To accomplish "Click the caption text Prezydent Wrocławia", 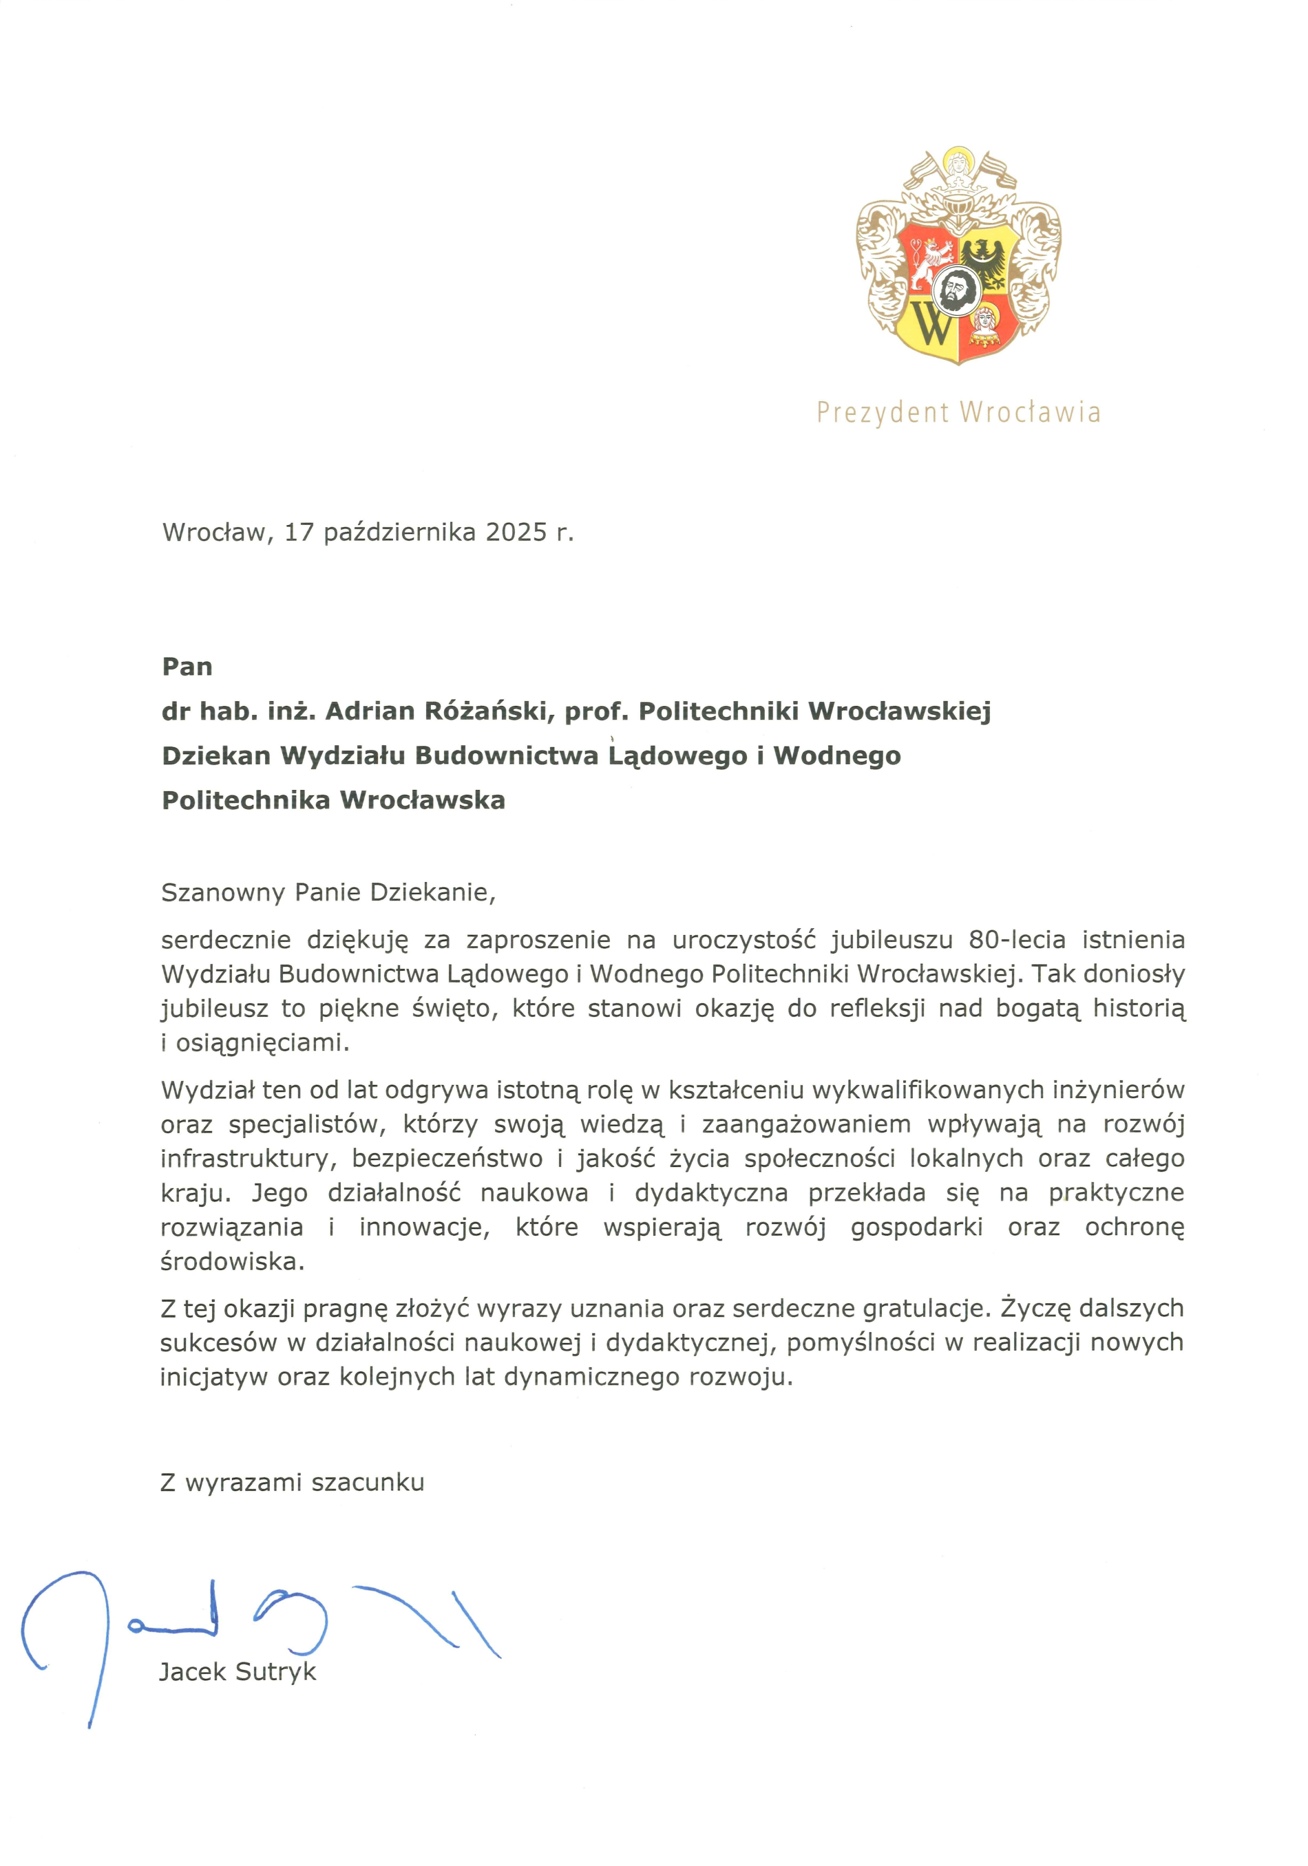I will click(958, 413).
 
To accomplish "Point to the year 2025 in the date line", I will click(516, 533).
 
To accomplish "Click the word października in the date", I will click(399, 533).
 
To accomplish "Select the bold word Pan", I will click(187, 667).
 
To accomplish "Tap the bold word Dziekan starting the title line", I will click(215, 756).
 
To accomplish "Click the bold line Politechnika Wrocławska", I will click(333, 800).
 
